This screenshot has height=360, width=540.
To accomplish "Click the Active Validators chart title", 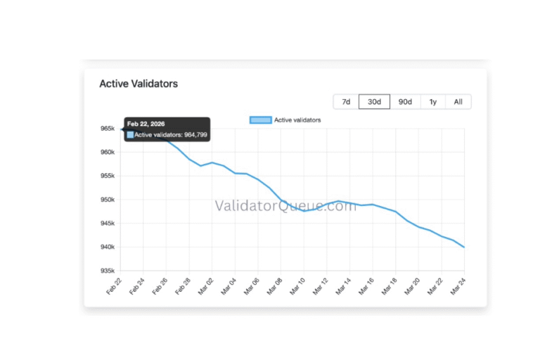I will pyautogui.click(x=139, y=84).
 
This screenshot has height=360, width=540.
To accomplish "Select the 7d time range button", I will pyautogui.click(x=346, y=102).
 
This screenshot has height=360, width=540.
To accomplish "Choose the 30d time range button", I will pyautogui.click(x=374, y=102).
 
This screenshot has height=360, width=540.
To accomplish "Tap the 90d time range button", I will pyautogui.click(x=405, y=102).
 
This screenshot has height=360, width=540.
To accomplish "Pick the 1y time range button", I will pyautogui.click(x=432, y=102).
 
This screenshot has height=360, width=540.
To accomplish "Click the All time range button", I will pyautogui.click(x=458, y=102).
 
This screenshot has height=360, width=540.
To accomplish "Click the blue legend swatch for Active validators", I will pyautogui.click(x=260, y=120).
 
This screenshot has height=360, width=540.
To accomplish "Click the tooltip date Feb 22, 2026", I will pyautogui.click(x=146, y=124).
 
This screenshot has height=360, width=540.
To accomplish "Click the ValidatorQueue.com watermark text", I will pyautogui.click(x=285, y=206).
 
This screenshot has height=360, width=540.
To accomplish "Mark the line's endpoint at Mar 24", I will pyautogui.click(x=464, y=247).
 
